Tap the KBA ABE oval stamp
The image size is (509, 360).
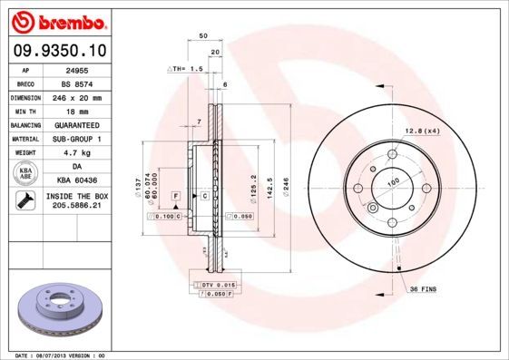26,173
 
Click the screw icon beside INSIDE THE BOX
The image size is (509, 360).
26,201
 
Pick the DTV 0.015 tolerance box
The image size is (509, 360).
218,286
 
